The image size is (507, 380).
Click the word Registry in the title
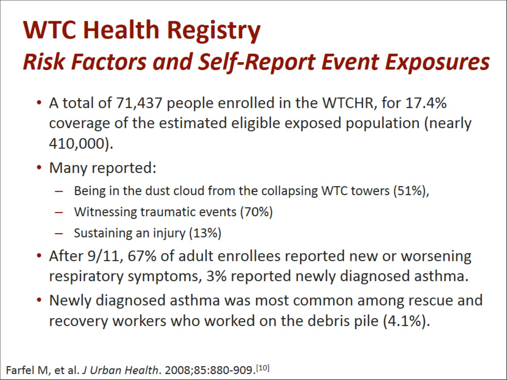[x=214, y=31]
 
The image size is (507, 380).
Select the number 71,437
[x=139, y=103]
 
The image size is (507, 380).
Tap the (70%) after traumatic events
[x=257, y=212]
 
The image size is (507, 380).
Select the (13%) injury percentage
[x=205, y=233]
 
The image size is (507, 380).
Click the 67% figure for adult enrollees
[x=142, y=256]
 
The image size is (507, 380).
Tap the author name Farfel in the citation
[x=20, y=370]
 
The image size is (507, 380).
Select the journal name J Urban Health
[x=120, y=370]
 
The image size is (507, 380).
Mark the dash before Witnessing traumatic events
[x=59, y=212]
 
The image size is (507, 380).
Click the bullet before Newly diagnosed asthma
[x=39, y=300]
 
